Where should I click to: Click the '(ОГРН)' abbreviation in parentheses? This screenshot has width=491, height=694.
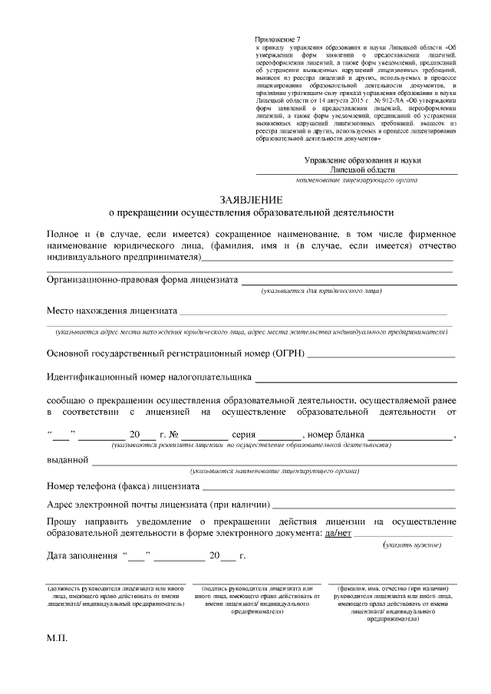288,354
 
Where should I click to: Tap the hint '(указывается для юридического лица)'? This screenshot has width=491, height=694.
321,291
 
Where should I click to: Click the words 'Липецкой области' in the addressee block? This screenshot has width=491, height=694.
362,169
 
